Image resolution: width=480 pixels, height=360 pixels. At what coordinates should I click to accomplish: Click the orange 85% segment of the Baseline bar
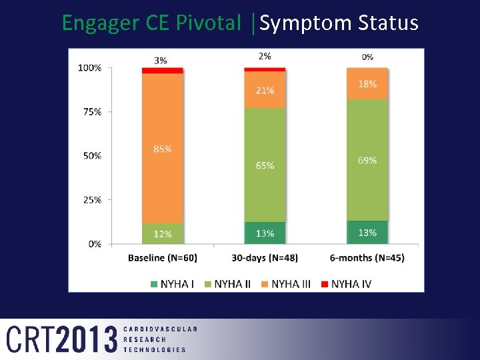click(163, 148)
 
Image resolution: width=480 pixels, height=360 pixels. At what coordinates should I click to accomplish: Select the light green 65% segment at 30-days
click(265, 165)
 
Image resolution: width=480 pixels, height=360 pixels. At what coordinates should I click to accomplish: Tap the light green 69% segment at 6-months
click(367, 160)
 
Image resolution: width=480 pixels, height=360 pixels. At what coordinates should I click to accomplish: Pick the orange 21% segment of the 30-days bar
click(265, 90)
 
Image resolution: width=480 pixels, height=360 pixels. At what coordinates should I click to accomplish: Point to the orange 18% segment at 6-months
click(367, 84)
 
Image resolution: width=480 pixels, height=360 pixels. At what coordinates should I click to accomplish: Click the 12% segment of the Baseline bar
click(163, 234)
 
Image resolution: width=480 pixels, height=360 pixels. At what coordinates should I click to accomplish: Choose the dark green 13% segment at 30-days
click(265, 233)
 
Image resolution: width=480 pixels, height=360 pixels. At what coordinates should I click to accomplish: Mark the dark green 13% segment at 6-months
click(367, 233)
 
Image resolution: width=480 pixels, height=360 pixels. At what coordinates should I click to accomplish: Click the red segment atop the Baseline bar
click(163, 70)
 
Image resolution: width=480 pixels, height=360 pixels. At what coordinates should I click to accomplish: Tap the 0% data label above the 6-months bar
click(367, 57)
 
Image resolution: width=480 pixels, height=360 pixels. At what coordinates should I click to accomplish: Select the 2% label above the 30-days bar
click(265, 57)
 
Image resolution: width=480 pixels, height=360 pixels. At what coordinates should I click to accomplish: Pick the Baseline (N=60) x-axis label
click(163, 258)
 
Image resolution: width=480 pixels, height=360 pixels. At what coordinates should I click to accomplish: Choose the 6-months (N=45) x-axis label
click(367, 258)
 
